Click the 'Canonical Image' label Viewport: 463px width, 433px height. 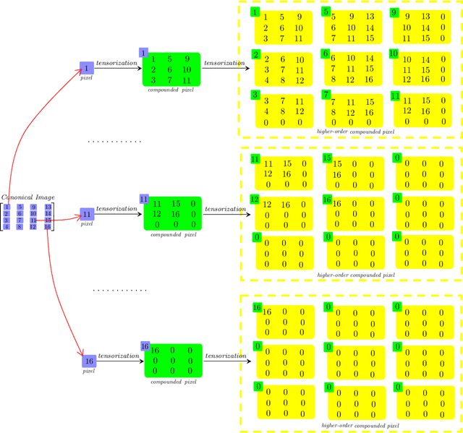28,197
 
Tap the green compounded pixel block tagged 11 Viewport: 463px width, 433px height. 172,214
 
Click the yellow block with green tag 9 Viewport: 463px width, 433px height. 422,27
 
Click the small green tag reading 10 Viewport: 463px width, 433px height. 394,53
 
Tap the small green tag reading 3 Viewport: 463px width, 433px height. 255,95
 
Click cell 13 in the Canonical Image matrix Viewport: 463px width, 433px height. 48,207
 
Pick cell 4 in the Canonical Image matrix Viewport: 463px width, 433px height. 7,227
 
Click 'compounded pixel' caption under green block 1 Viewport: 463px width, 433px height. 171,90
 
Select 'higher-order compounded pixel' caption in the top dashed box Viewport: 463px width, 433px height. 356,132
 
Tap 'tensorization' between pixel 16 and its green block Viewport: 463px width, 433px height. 118,356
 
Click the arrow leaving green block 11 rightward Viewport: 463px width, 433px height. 226,214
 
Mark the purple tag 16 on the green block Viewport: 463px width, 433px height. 145,346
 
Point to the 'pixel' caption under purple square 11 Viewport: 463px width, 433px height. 87,224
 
